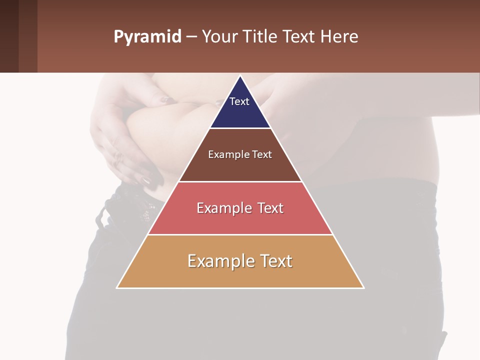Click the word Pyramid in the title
click(x=147, y=37)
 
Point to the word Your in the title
click(x=219, y=37)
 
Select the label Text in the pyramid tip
click(x=239, y=101)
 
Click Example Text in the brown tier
click(x=240, y=154)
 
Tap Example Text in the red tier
click(x=240, y=208)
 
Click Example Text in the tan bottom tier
click(x=240, y=261)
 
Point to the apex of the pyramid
click(x=240, y=76)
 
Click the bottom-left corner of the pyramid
click(x=117, y=287)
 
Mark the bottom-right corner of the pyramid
click(x=363, y=287)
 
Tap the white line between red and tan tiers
click(x=240, y=234)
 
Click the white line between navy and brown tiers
click(x=240, y=128)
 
